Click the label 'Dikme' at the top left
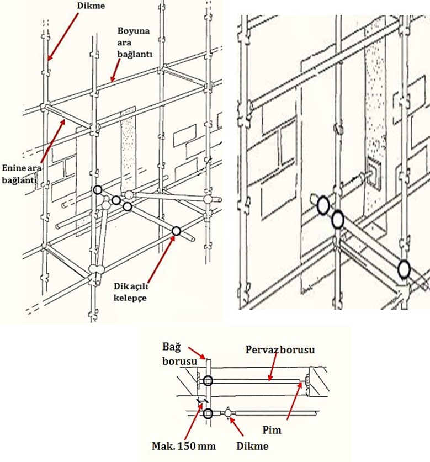click(91, 6)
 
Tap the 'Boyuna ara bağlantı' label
click(135, 43)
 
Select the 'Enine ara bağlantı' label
click(22, 174)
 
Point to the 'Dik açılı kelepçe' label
click(131, 292)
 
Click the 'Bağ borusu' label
click(179, 354)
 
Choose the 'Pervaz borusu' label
click(280, 350)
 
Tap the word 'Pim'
click(272, 430)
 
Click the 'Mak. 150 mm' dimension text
click(183, 446)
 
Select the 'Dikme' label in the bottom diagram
click(252, 446)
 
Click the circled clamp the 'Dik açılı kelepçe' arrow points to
click(176, 231)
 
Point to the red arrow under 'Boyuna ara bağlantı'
click(115, 70)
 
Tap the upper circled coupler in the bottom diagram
click(208, 381)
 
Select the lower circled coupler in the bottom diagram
click(208, 413)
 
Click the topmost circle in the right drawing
click(323, 205)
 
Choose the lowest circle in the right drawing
click(404, 269)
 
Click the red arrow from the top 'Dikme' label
click(63, 37)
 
